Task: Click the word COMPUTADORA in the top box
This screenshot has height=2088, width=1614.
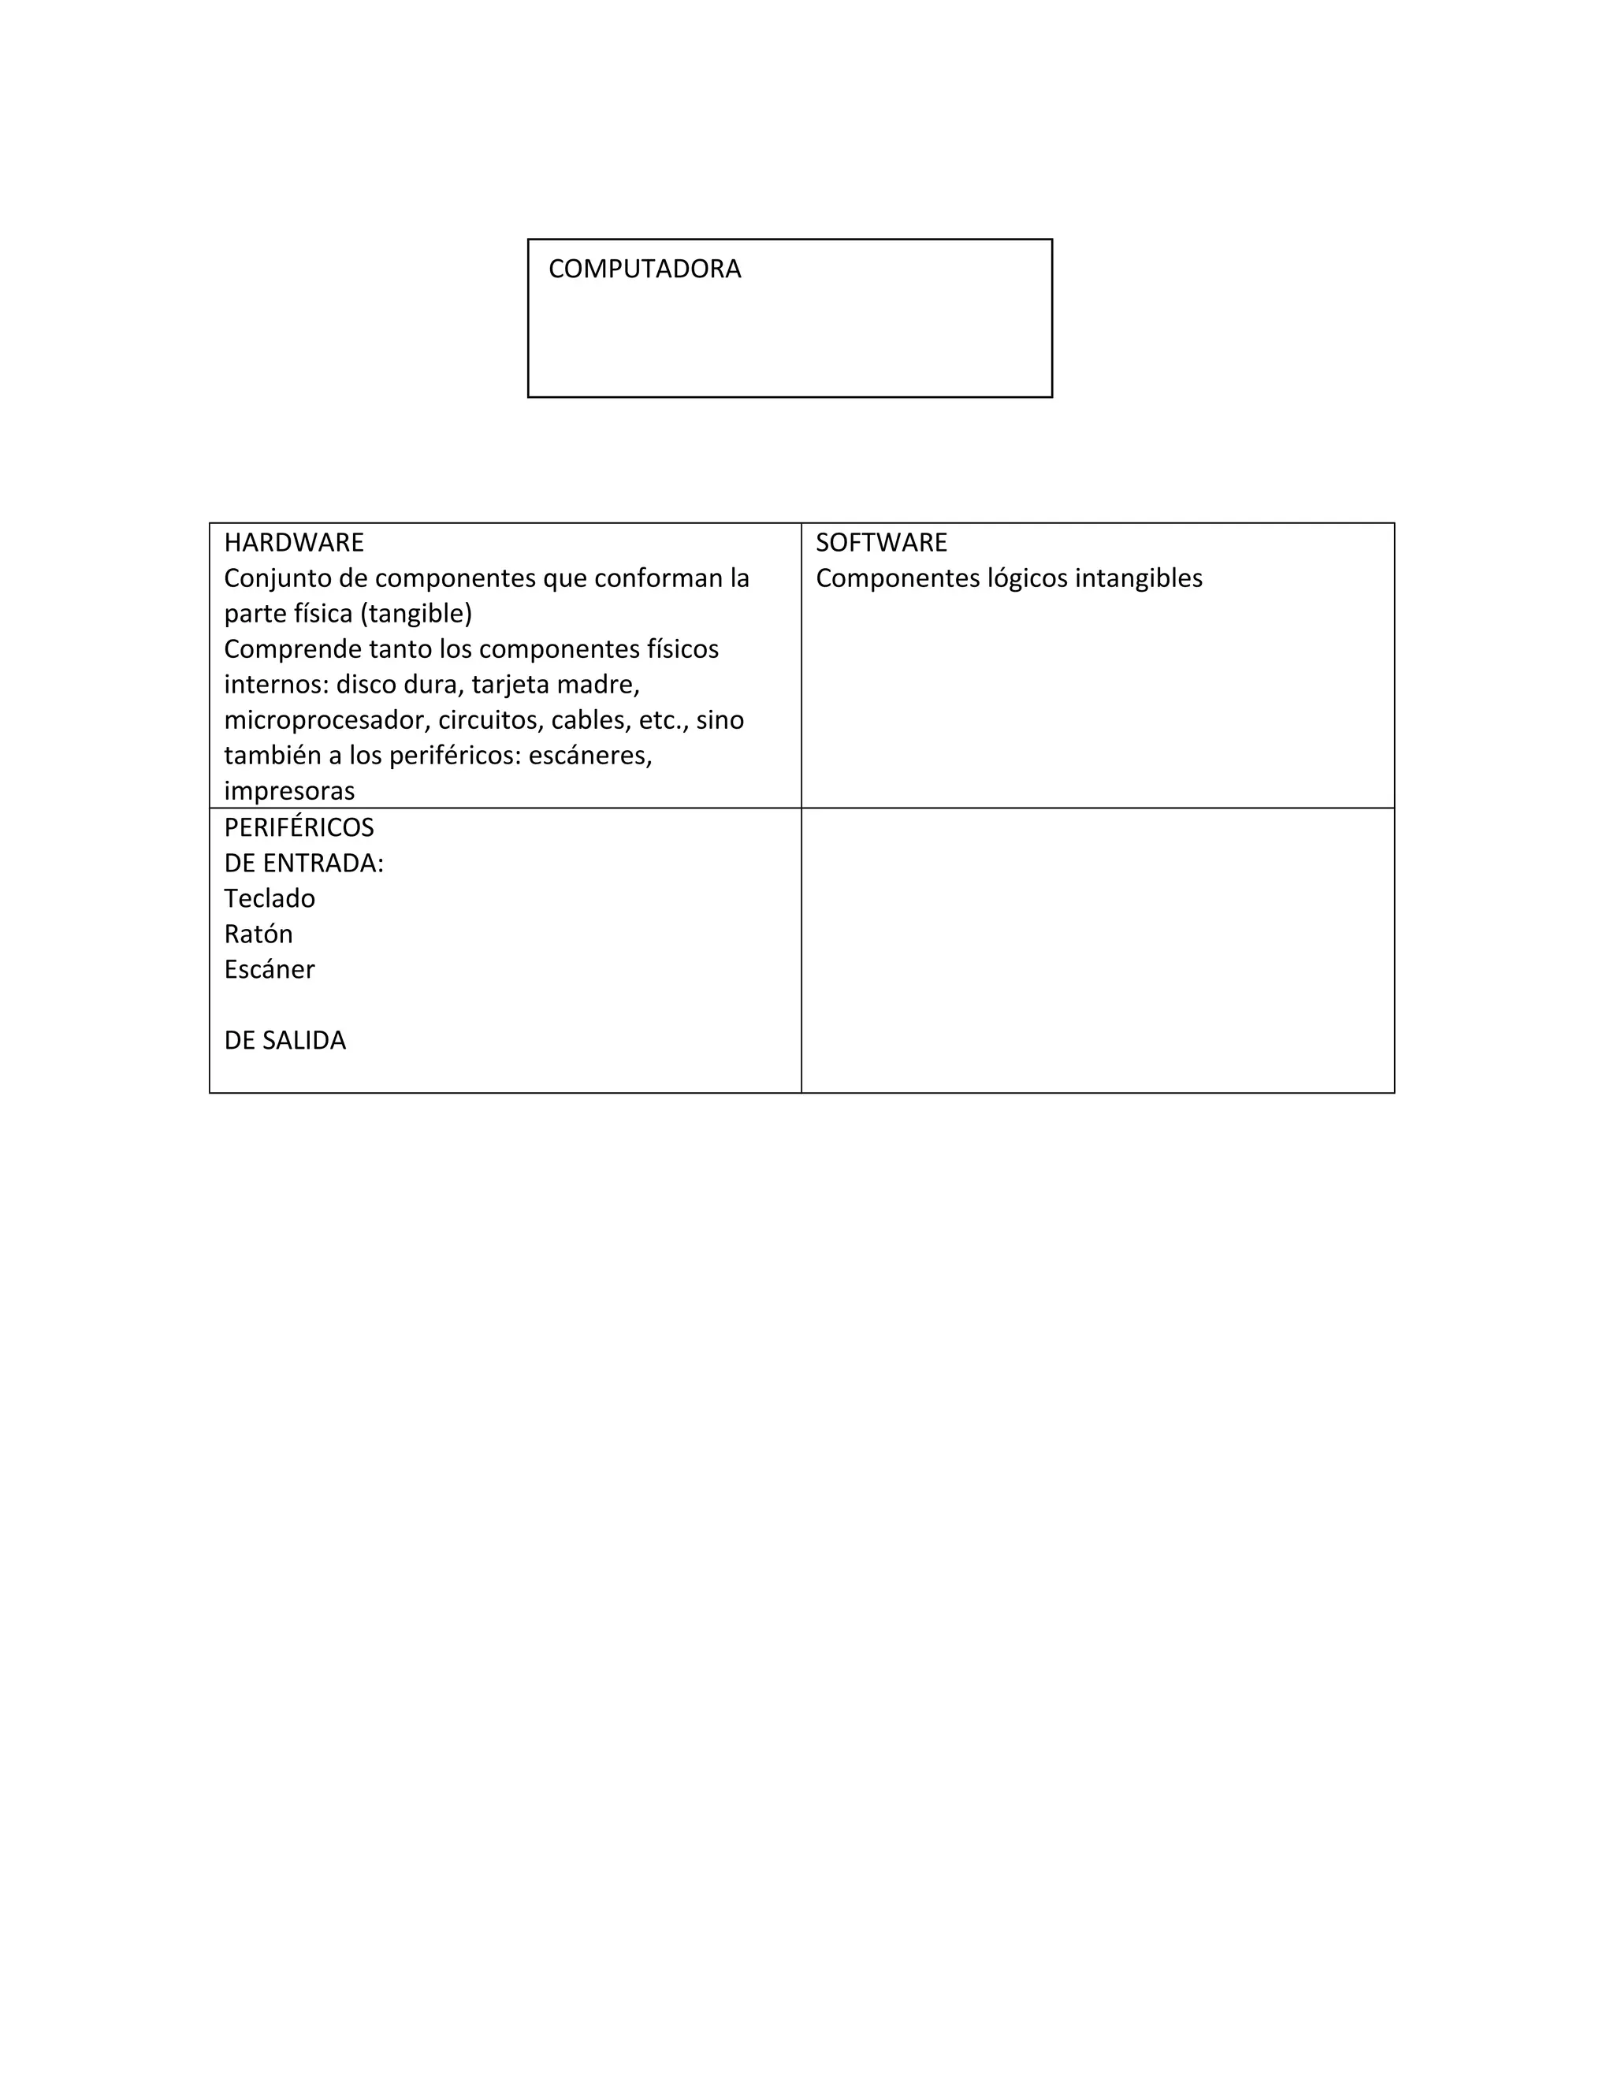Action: [x=645, y=269]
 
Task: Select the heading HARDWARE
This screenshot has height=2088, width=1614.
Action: [x=293, y=543]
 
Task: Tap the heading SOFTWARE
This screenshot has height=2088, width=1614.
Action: [x=880, y=543]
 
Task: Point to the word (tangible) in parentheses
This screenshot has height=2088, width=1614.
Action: [x=415, y=614]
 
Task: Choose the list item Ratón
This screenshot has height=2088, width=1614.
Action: [x=258, y=934]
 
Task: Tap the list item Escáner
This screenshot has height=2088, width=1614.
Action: [x=269, y=969]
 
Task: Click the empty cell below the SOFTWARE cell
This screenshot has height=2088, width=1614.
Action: [x=1097, y=950]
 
